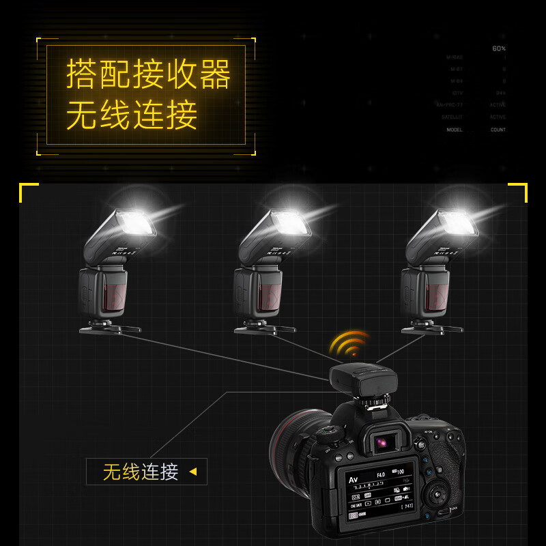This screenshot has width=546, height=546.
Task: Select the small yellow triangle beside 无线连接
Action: (x=193, y=472)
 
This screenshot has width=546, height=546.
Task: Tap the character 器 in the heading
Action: (x=214, y=74)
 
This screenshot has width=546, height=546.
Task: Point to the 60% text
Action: (x=499, y=48)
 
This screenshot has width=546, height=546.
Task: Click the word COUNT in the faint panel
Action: (x=498, y=130)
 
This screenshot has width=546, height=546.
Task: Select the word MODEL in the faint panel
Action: (x=455, y=130)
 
